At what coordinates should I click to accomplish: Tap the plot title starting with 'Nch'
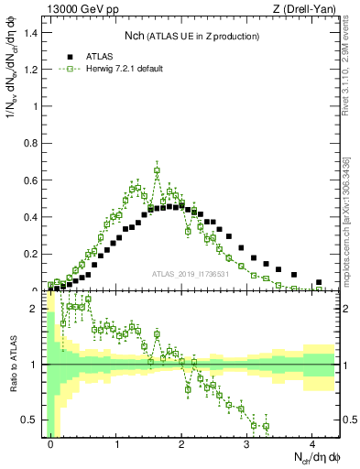tap(191, 36)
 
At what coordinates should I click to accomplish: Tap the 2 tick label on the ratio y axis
tap(38, 309)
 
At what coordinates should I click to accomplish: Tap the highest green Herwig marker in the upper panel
tap(158, 169)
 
